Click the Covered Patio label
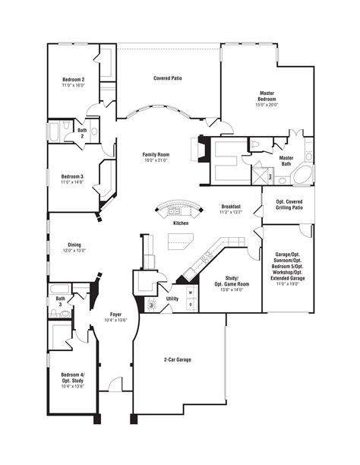167,78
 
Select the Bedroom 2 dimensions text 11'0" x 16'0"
73,86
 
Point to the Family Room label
155,154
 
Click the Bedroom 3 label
73,176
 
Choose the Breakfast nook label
232,206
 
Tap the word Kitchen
181,223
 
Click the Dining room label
74,245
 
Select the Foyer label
115,314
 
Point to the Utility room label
172,299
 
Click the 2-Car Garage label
178,359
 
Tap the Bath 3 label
60,301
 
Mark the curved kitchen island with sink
176,209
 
